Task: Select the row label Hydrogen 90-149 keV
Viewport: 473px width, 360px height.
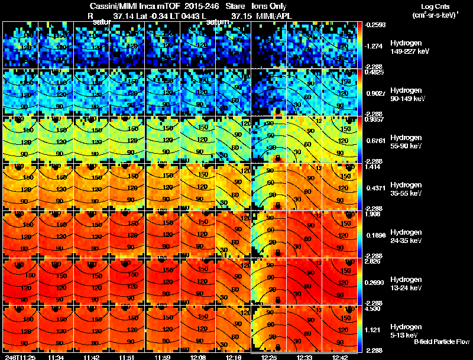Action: point(410,95)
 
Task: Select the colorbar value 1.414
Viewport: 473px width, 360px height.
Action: point(375,167)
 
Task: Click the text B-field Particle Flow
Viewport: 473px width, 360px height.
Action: point(441,342)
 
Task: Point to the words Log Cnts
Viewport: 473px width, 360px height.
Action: point(430,7)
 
